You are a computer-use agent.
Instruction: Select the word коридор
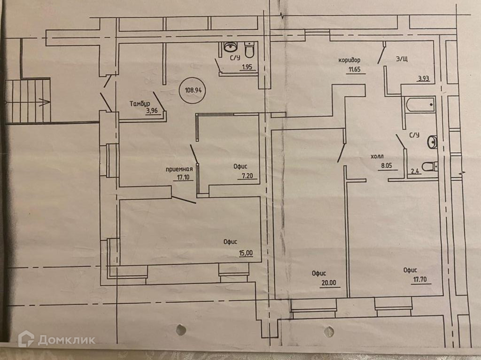pyautogui.click(x=349, y=60)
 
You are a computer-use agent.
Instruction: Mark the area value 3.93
pyautogui.click(x=424, y=78)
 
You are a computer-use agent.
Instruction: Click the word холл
pyautogui.click(x=378, y=157)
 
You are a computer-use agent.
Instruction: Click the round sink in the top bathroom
pyautogui.click(x=230, y=47)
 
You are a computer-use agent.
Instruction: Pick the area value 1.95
pyautogui.click(x=247, y=67)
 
